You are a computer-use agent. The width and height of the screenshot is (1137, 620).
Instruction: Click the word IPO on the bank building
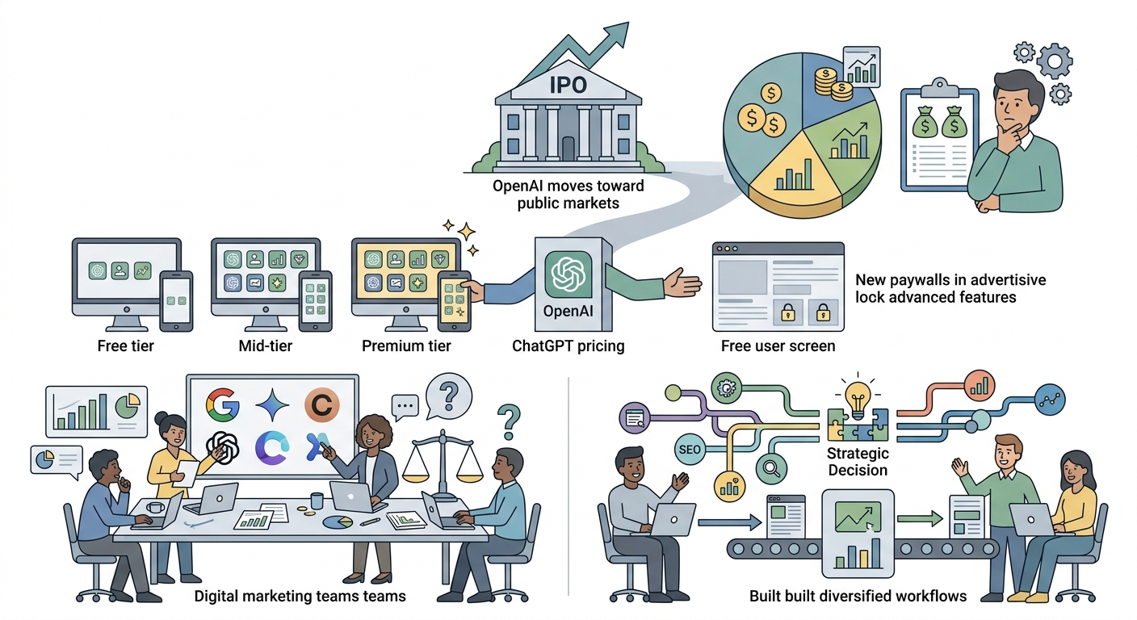pyautogui.click(x=568, y=85)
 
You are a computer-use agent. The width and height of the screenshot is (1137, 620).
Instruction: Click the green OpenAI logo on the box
pyautogui.click(x=568, y=274)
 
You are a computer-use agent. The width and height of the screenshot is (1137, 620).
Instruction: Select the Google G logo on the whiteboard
pyautogui.click(x=223, y=405)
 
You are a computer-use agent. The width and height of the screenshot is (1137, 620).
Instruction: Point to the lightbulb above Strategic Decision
pyautogui.click(x=858, y=398)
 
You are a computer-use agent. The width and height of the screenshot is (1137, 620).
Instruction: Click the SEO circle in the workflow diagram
pyautogui.click(x=690, y=450)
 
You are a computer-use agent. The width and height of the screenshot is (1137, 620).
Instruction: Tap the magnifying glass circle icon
pyautogui.click(x=771, y=468)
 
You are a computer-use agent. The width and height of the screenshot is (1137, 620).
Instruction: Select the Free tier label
pyautogui.click(x=125, y=346)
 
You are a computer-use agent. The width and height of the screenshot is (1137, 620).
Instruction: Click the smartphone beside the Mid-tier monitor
pyautogui.click(x=315, y=301)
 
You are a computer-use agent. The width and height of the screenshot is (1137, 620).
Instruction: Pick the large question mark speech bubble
pyautogui.click(x=449, y=396)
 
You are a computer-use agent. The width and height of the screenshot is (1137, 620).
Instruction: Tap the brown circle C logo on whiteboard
pyautogui.click(x=322, y=405)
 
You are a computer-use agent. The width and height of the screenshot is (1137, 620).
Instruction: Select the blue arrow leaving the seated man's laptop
pyautogui.click(x=730, y=522)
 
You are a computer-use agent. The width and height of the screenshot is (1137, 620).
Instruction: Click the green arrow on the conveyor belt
pyautogui.click(x=920, y=518)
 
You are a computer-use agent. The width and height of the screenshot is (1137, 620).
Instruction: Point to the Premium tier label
pyautogui.click(x=406, y=346)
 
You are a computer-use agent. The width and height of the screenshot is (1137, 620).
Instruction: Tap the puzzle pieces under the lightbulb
pyautogui.click(x=858, y=425)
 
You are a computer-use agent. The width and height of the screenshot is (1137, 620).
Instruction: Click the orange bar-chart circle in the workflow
pyautogui.click(x=980, y=386)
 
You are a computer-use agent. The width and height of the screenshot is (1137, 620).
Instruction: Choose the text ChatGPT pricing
pyautogui.click(x=568, y=346)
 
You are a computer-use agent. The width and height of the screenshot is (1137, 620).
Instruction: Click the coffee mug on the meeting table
pyautogui.click(x=317, y=501)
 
